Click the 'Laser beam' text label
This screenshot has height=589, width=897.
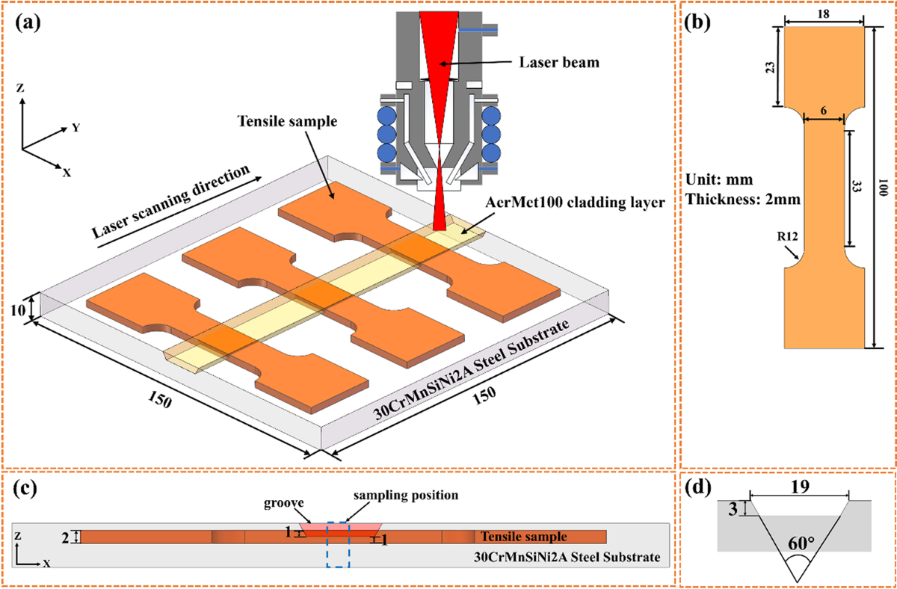[x=561, y=62]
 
